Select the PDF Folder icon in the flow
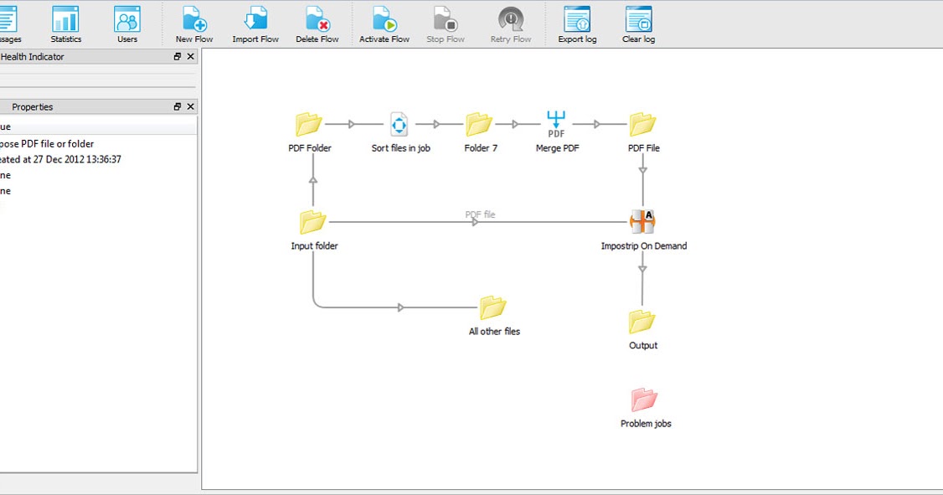click(309, 125)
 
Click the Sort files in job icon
click(399, 125)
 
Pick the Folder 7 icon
click(479, 125)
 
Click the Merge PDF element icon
click(557, 124)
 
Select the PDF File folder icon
click(643, 125)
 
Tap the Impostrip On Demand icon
click(642, 221)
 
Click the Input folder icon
click(313, 222)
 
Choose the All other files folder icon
click(493, 307)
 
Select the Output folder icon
click(642, 322)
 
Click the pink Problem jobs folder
click(645, 400)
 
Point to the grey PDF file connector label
click(480, 214)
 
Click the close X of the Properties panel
click(191, 107)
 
